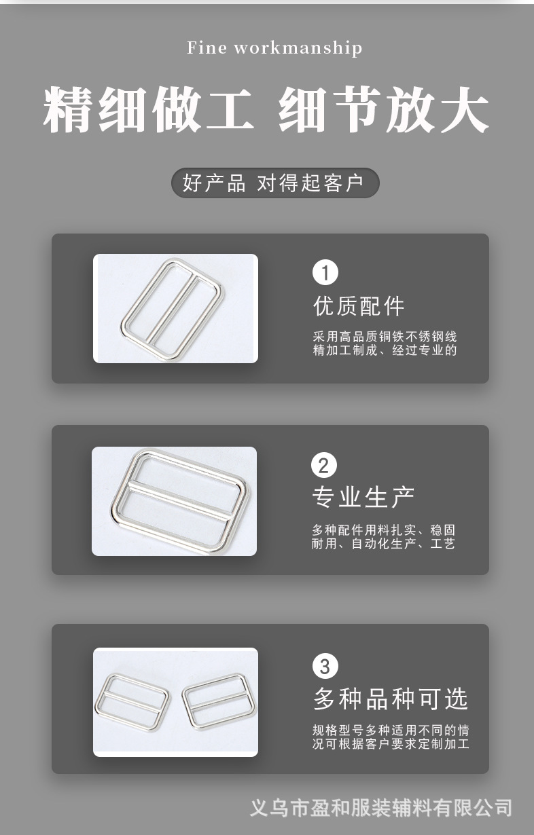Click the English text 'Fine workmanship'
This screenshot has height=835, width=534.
tap(274, 48)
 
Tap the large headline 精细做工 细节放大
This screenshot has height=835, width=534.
tap(266, 110)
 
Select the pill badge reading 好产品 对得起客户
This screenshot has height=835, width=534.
tap(274, 183)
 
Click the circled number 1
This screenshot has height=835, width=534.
tap(325, 273)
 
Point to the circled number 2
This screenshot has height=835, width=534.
tap(323, 466)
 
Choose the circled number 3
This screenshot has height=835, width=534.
tap(325, 665)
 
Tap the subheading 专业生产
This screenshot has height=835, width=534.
tap(363, 497)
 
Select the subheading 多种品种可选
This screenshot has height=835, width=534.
tap(391, 698)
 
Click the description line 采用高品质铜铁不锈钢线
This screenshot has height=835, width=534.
tap(385, 337)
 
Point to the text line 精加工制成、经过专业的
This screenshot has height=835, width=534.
tap(385, 350)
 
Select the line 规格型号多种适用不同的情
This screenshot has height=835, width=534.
tap(391, 730)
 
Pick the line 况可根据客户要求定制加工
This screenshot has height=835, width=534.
tap(391, 744)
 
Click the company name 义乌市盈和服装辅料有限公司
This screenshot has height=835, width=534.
tap(380, 808)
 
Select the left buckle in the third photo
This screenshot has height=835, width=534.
tap(134, 703)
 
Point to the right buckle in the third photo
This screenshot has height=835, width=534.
tap(215, 702)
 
